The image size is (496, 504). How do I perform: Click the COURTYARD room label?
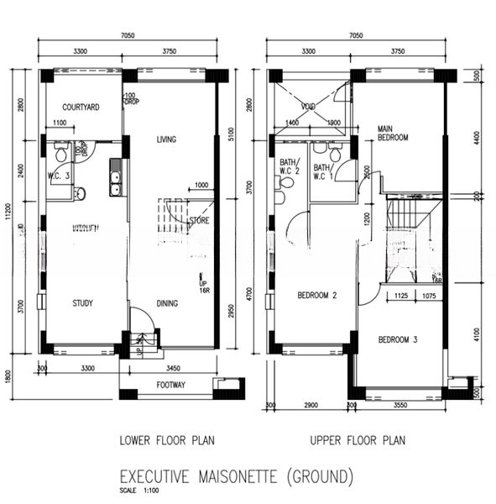pyautogui.click(x=81, y=107)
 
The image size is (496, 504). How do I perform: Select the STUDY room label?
pyautogui.click(x=81, y=303)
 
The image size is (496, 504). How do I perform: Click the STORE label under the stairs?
pyautogui.click(x=199, y=222)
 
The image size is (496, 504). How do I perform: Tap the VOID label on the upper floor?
pyautogui.click(x=309, y=105)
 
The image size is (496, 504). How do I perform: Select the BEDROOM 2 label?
pyautogui.click(x=316, y=296)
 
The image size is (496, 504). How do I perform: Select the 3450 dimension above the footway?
pyautogui.click(x=171, y=367)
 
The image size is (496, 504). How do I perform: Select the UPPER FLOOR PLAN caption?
pyautogui.click(x=358, y=439)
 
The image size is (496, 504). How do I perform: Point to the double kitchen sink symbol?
pyautogui.click(x=115, y=183)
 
